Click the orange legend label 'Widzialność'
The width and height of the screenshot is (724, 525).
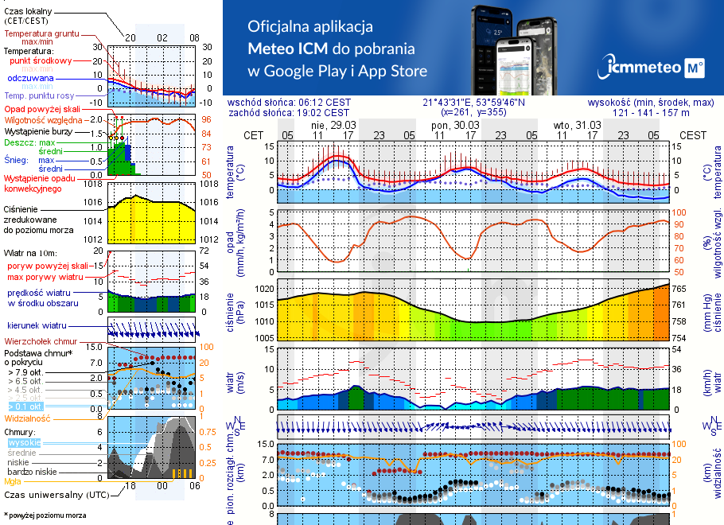(28, 418)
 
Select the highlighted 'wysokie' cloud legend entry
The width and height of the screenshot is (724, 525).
(23, 442)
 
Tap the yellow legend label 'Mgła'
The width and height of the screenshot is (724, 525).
(13, 481)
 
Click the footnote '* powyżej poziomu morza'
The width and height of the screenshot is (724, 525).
(45, 515)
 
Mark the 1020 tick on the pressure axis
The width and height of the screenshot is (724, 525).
(265, 289)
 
